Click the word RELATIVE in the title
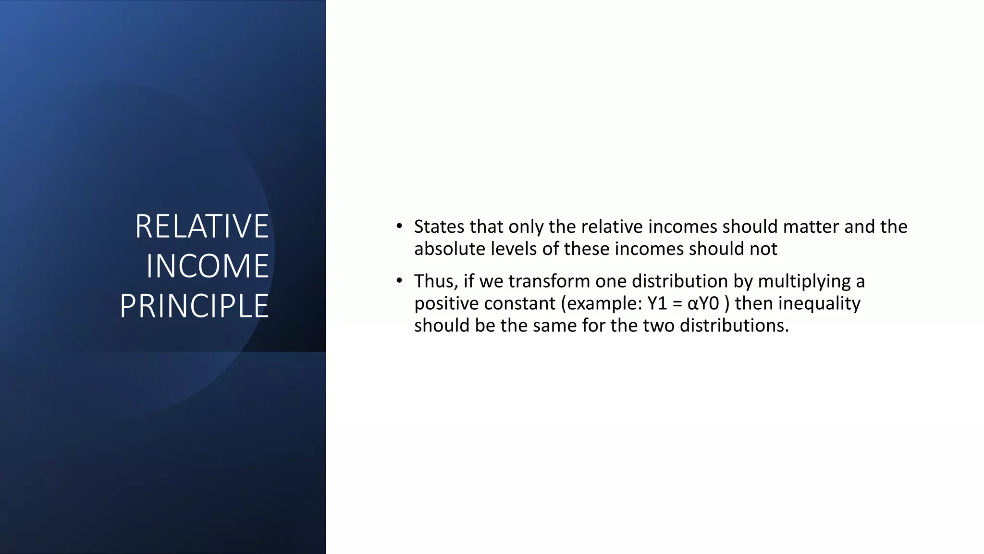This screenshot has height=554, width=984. (202, 226)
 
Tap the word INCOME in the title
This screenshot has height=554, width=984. (207, 266)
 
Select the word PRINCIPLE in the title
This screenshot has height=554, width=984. (194, 306)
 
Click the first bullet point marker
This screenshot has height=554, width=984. (399, 226)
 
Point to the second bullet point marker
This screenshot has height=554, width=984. (399, 280)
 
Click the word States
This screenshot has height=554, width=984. (439, 227)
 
